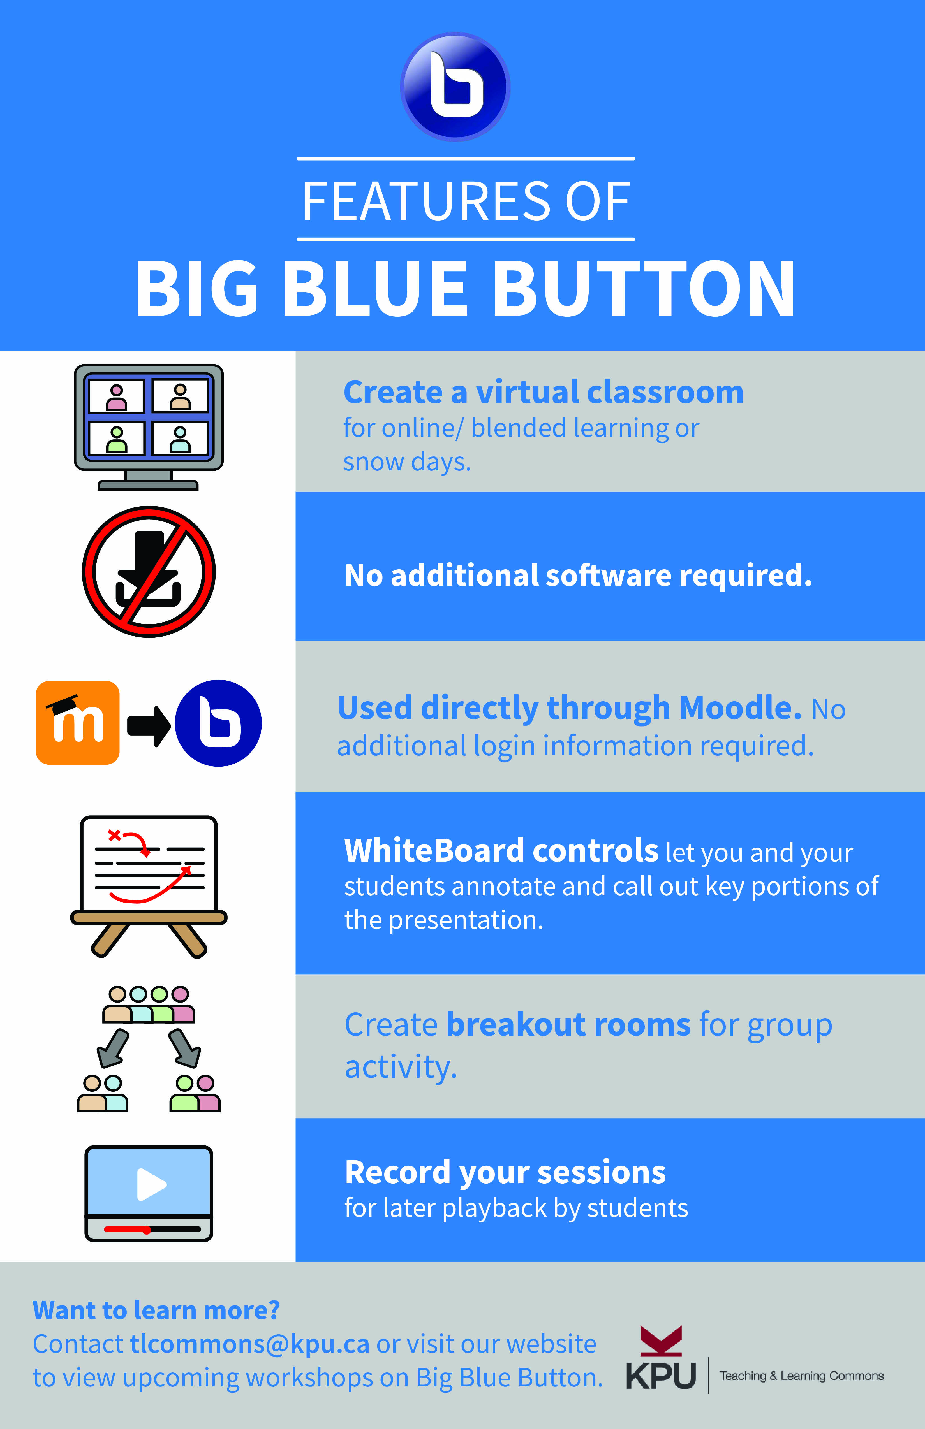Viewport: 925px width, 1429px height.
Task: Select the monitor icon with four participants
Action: tap(148, 426)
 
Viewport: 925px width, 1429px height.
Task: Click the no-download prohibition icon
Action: tap(148, 572)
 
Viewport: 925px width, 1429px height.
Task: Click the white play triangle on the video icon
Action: tap(151, 1184)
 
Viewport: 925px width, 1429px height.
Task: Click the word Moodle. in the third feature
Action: tap(740, 708)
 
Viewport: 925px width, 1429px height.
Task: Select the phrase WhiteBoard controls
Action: tap(501, 851)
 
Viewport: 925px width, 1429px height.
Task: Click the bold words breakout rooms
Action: tap(568, 1024)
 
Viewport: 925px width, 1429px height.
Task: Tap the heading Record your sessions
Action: tap(505, 1172)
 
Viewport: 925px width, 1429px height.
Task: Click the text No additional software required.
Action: tap(578, 575)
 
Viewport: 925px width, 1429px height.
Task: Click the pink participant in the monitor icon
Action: tap(117, 398)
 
